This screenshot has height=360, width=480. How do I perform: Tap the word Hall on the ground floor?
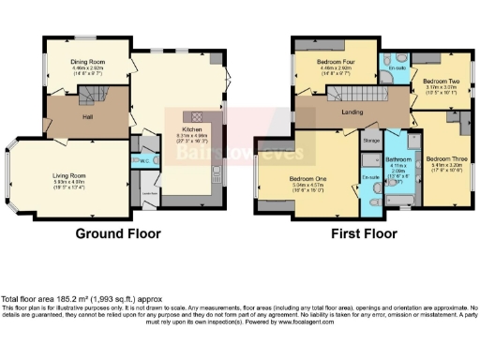pyautogui.click(x=86, y=117)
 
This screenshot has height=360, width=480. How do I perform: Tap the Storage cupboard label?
pyautogui.click(x=372, y=142)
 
